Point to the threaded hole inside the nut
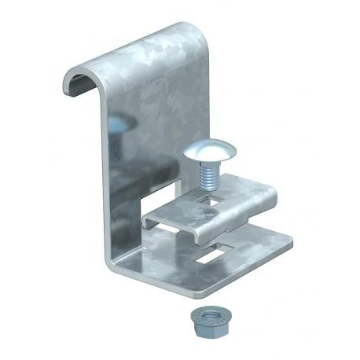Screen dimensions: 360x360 click(x=204, y=314)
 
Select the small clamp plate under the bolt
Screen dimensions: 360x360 click(x=220, y=208)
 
